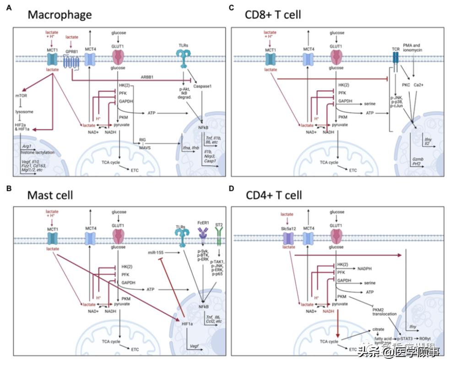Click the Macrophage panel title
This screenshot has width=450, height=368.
[x=60, y=14]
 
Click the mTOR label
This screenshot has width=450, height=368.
[x=22, y=96]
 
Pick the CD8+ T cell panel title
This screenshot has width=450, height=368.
[x=272, y=14]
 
